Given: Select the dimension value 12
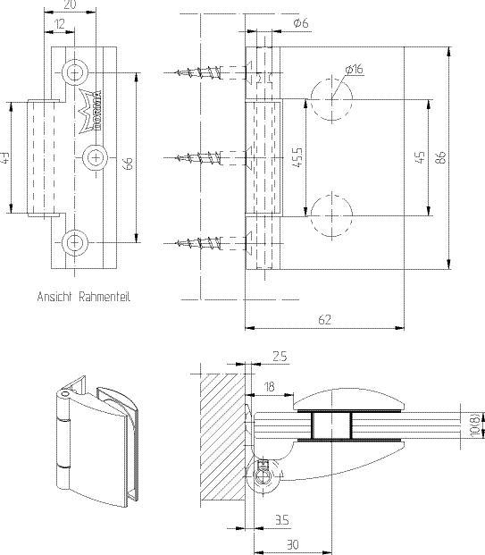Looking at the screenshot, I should click(58, 22).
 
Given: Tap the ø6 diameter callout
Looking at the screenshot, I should click(301, 23).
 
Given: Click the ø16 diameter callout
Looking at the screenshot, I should click(352, 70).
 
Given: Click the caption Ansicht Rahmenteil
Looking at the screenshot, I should click(83, 298).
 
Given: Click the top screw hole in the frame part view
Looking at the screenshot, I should click(73, 69).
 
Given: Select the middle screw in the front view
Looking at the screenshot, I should click(207, 158).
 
